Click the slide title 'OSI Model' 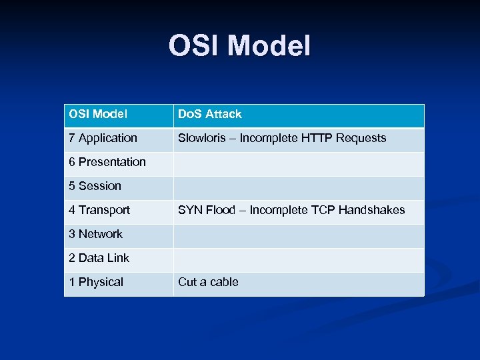point(239,46)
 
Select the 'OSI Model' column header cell point(98,114)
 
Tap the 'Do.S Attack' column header point(209,114)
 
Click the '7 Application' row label point(103,138)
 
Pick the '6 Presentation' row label point(107,162)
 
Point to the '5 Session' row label point(95,186)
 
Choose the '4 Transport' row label point(99,210)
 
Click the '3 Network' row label point(95,234)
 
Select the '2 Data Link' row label point(99,258)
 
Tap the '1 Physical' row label point(96,282)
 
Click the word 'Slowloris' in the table point(202,138)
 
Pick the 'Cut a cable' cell point(208,282)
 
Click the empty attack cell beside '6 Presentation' point(299,162)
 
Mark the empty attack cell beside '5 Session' point(299,186)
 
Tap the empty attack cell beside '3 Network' point(299,234)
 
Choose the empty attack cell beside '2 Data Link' point(299,258)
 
